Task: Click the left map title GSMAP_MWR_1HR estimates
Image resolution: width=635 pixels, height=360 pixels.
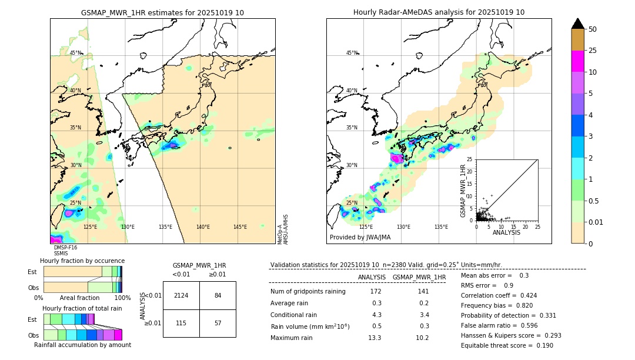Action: coord(162,12)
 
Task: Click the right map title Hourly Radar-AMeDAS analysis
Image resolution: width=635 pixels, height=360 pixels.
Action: coord(439,12)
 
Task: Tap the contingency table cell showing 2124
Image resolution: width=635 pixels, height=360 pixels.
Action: coord(181,295)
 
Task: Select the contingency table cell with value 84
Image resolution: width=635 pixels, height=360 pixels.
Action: coord(218,295)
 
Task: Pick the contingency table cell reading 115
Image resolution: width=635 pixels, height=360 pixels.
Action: coord(181,324)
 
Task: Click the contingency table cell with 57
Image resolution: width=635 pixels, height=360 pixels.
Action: coord(218,324)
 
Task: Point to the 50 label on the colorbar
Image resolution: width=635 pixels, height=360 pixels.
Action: coord(593,29)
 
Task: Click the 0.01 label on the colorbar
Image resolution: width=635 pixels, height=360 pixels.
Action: coord(596,222)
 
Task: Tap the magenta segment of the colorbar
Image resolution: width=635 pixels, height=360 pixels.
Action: coord(577,61)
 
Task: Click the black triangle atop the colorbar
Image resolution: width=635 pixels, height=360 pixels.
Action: coord(577,24)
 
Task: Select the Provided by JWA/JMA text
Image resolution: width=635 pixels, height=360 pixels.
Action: coord(360,238)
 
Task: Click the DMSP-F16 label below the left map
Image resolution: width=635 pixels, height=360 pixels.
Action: coord(65,248)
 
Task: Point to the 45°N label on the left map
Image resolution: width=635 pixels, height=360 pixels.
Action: coord(76,53)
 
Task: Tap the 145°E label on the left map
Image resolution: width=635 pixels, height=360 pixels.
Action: coord(240,227)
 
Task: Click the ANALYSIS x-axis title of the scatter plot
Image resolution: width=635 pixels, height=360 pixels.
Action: coord(506,232)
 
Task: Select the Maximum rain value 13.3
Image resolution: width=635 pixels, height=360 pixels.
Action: coord(375,338)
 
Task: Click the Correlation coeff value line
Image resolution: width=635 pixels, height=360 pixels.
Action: coord(499,295)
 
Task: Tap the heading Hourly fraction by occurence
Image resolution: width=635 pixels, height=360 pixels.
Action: coord(82,261)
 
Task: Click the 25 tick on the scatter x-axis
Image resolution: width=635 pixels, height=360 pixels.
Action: coord(537,226)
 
